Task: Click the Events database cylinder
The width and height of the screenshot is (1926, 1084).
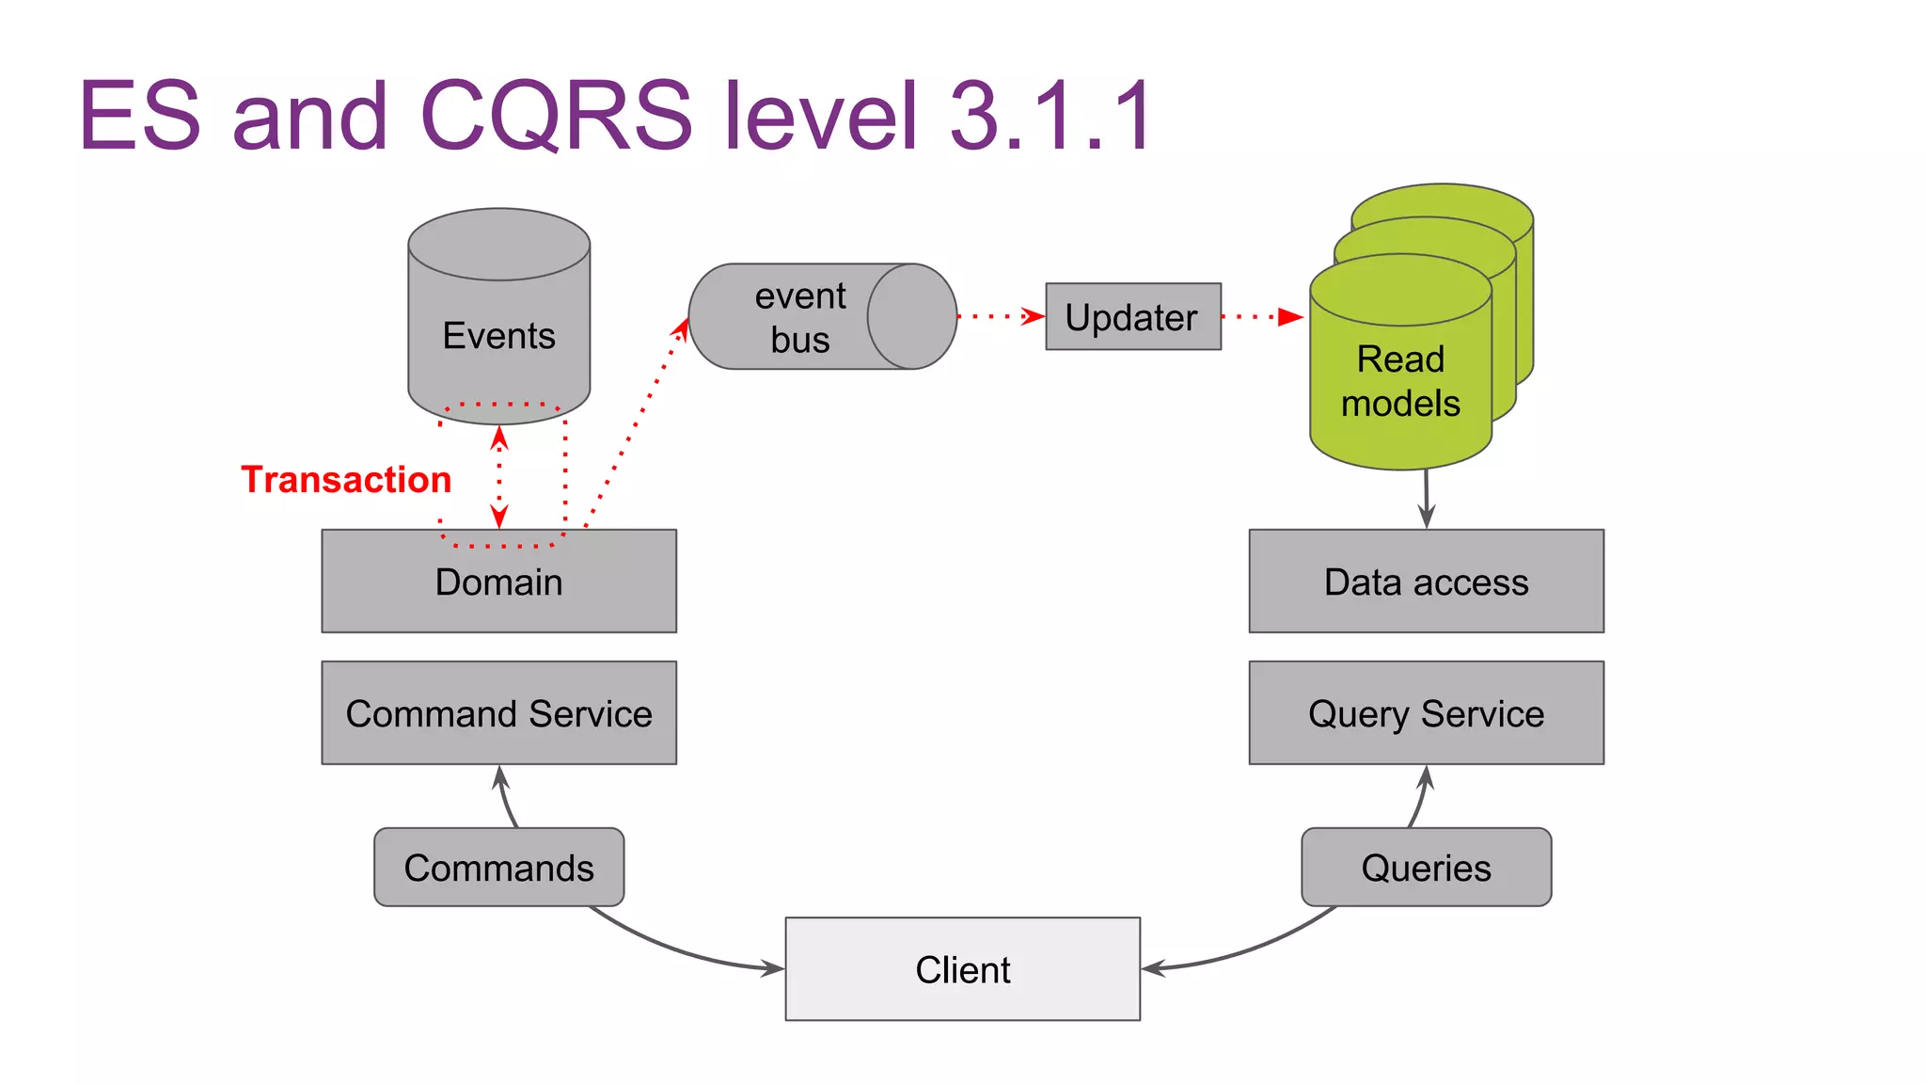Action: [498, 320]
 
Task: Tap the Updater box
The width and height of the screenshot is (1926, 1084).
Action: [1132, 317]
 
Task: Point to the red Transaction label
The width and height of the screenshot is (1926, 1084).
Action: [346, 480]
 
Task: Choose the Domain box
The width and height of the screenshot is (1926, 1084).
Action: [498, 582]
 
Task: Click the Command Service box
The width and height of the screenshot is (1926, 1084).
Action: [498, 713]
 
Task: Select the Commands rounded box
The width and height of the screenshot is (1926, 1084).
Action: [498, 868]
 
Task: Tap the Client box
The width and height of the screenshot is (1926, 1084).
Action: [962, 969]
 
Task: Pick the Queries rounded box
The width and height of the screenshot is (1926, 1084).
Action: [1426, 868]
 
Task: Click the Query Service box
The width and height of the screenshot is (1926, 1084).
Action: [1426, 713]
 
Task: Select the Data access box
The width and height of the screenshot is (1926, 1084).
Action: [1426, 582]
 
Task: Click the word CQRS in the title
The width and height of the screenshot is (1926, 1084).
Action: [555, 116]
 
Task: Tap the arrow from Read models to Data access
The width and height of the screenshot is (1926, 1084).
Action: [1426, 499]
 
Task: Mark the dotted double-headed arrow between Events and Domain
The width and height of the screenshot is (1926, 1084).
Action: [499, 477]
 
